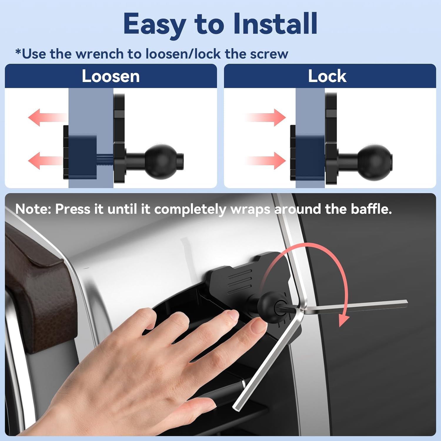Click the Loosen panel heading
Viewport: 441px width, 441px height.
tap(111, 76)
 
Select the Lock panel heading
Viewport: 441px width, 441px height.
tap(327, 76)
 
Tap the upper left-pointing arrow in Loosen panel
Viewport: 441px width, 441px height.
tap(44, 118)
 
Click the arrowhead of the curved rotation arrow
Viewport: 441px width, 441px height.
tap(343, 321)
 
